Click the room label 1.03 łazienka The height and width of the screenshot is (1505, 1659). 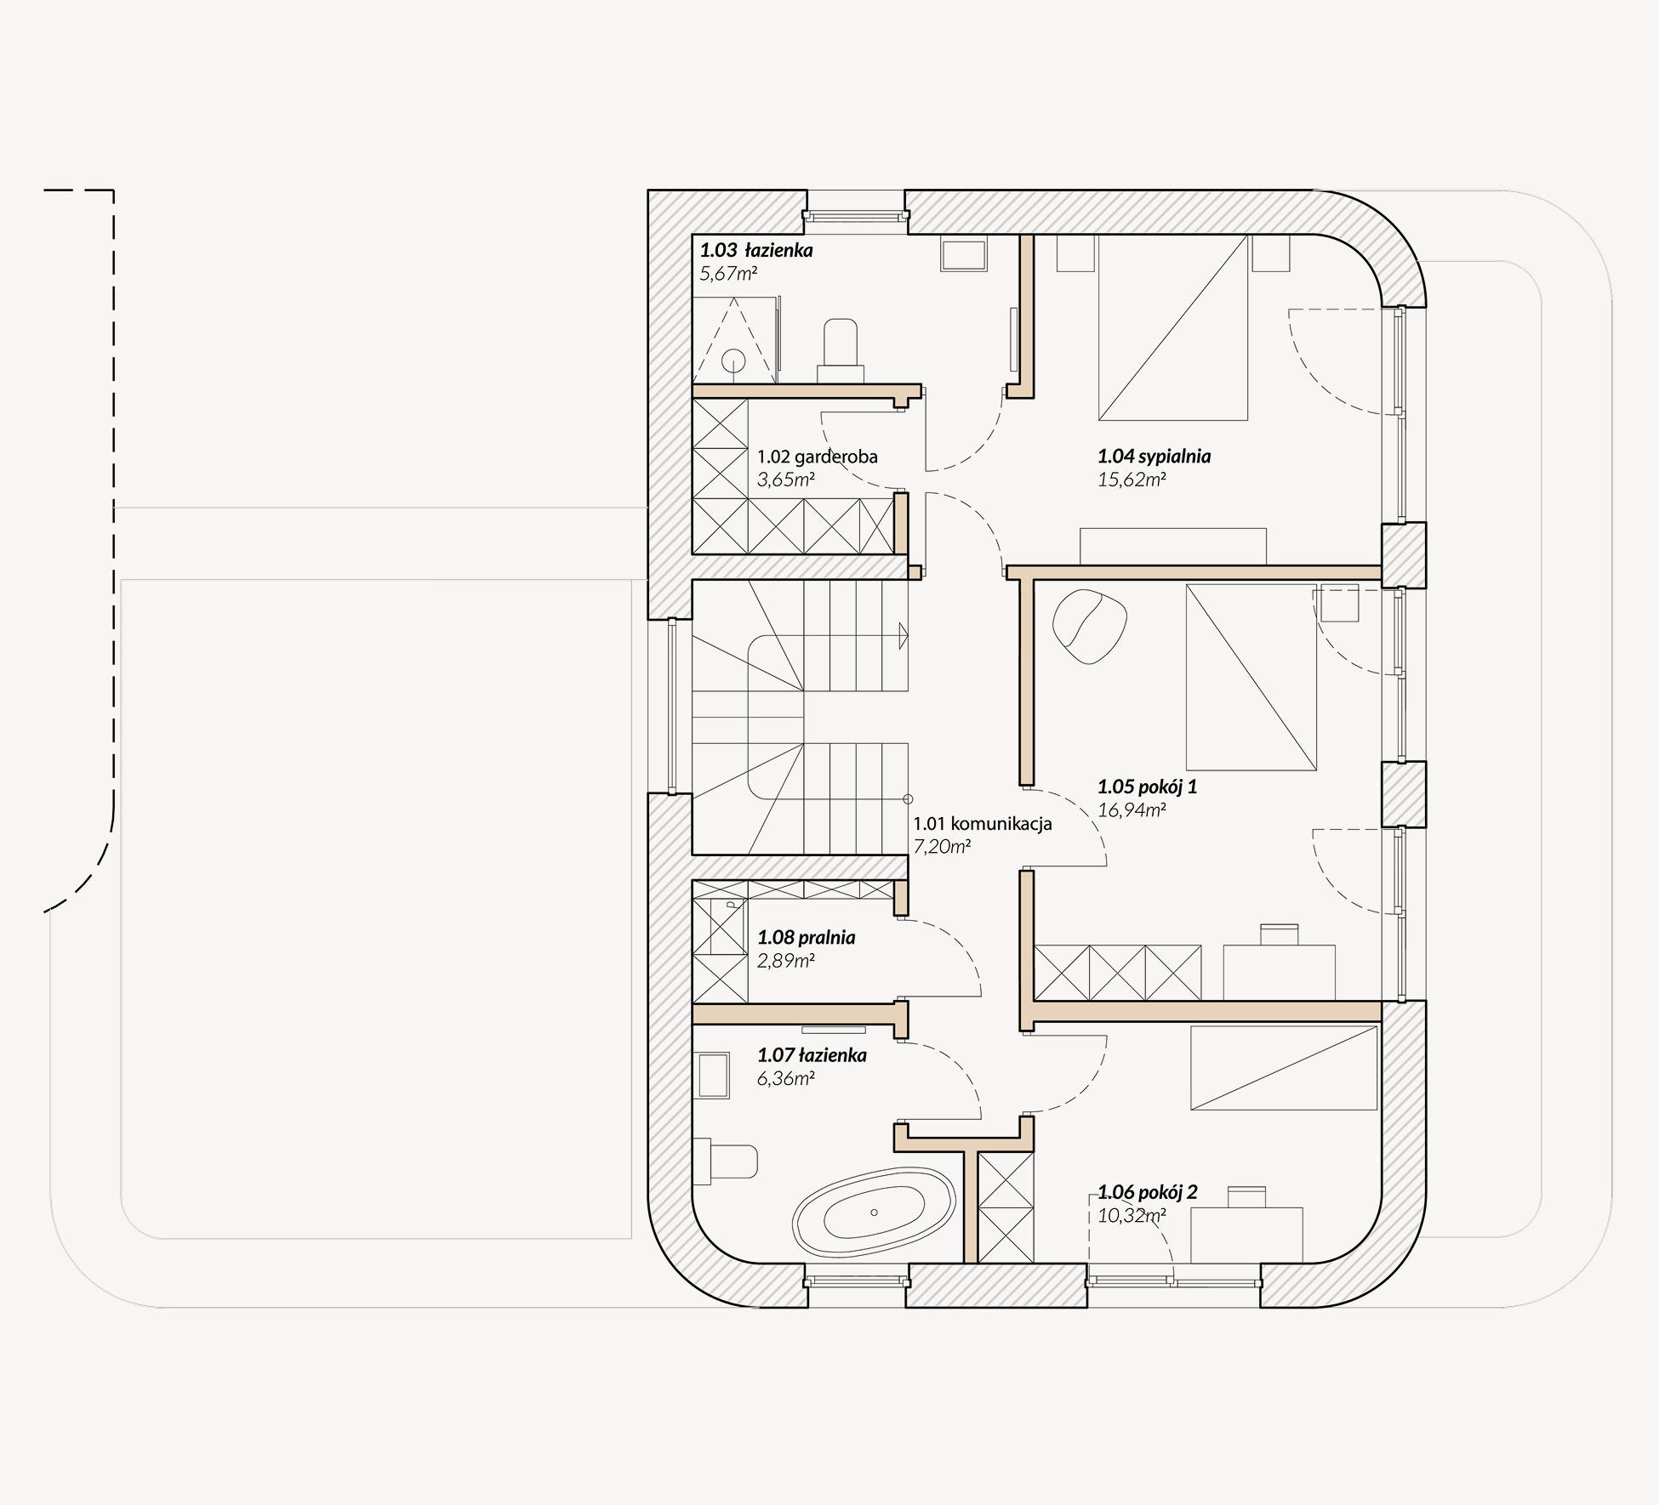click(756, 250)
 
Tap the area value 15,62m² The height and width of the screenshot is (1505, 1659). click(1132, 480)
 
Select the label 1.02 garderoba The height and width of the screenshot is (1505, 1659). click(818, 457)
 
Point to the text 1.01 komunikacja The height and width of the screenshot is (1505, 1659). click(983, 823)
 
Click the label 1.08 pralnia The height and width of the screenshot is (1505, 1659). click(807, 938)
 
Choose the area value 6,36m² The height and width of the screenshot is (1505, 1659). click(786, 1079)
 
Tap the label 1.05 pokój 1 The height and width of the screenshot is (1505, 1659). click(1147, 787)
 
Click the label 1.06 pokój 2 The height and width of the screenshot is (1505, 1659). click(1147, 1192)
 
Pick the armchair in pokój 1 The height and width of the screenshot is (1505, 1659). click(1090, 627)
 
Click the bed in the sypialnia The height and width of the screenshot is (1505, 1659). click(1173, 327)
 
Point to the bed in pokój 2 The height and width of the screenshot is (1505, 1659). click(1284, 1068)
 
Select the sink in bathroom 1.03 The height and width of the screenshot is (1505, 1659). click(964, 255)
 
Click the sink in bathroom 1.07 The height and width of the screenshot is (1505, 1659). click(713, 1076)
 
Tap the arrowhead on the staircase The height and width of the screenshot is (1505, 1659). click(903, 635)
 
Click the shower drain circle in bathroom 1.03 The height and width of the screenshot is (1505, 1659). click(733, 361)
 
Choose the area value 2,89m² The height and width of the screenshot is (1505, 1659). click(786, 962)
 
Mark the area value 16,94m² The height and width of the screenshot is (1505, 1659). click(1132, 810)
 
